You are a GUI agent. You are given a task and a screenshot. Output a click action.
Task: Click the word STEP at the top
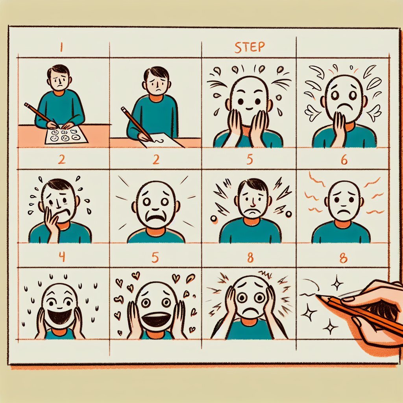250,47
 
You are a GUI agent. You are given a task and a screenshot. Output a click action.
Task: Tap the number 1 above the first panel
61,47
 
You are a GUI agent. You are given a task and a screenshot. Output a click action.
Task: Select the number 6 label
344,160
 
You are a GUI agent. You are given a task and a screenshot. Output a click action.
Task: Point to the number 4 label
61,256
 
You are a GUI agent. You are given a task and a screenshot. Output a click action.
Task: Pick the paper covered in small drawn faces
66,136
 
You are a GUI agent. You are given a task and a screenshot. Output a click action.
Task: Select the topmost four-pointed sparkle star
337,284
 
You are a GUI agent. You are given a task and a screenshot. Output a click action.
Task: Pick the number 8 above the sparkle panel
343,258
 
